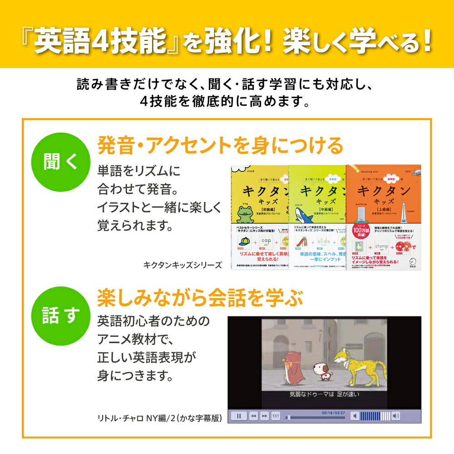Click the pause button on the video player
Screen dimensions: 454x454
tap(239, 415)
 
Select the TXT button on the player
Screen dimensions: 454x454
tap(276, 415)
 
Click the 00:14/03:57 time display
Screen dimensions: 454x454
tap(333, 412)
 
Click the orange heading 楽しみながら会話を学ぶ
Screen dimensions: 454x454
tap(200, 299)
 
